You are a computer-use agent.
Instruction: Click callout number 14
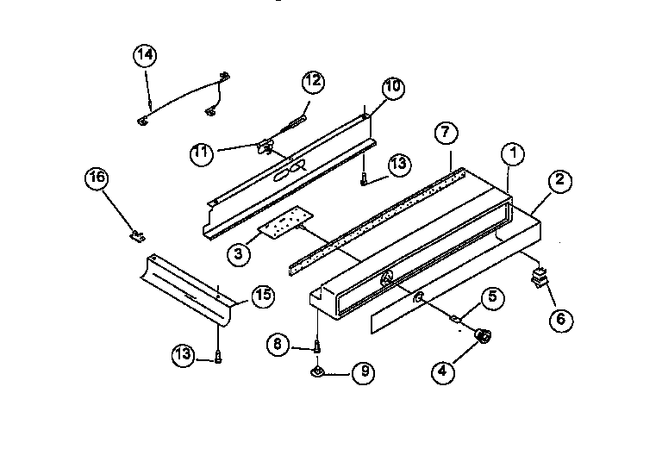tap(146, 55)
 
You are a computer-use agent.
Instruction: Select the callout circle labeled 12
tap(313, 82)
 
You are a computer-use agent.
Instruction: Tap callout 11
tap(203, 153)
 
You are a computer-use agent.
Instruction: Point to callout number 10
tap(392, 88)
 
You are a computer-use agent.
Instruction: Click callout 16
tap(97, 179)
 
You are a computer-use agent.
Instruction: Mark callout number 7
tap(445, 134)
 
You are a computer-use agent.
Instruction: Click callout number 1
tap(513, 155)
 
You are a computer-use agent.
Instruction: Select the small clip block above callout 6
tap(540, 278)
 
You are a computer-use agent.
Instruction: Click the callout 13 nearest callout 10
tap(397, 165)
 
